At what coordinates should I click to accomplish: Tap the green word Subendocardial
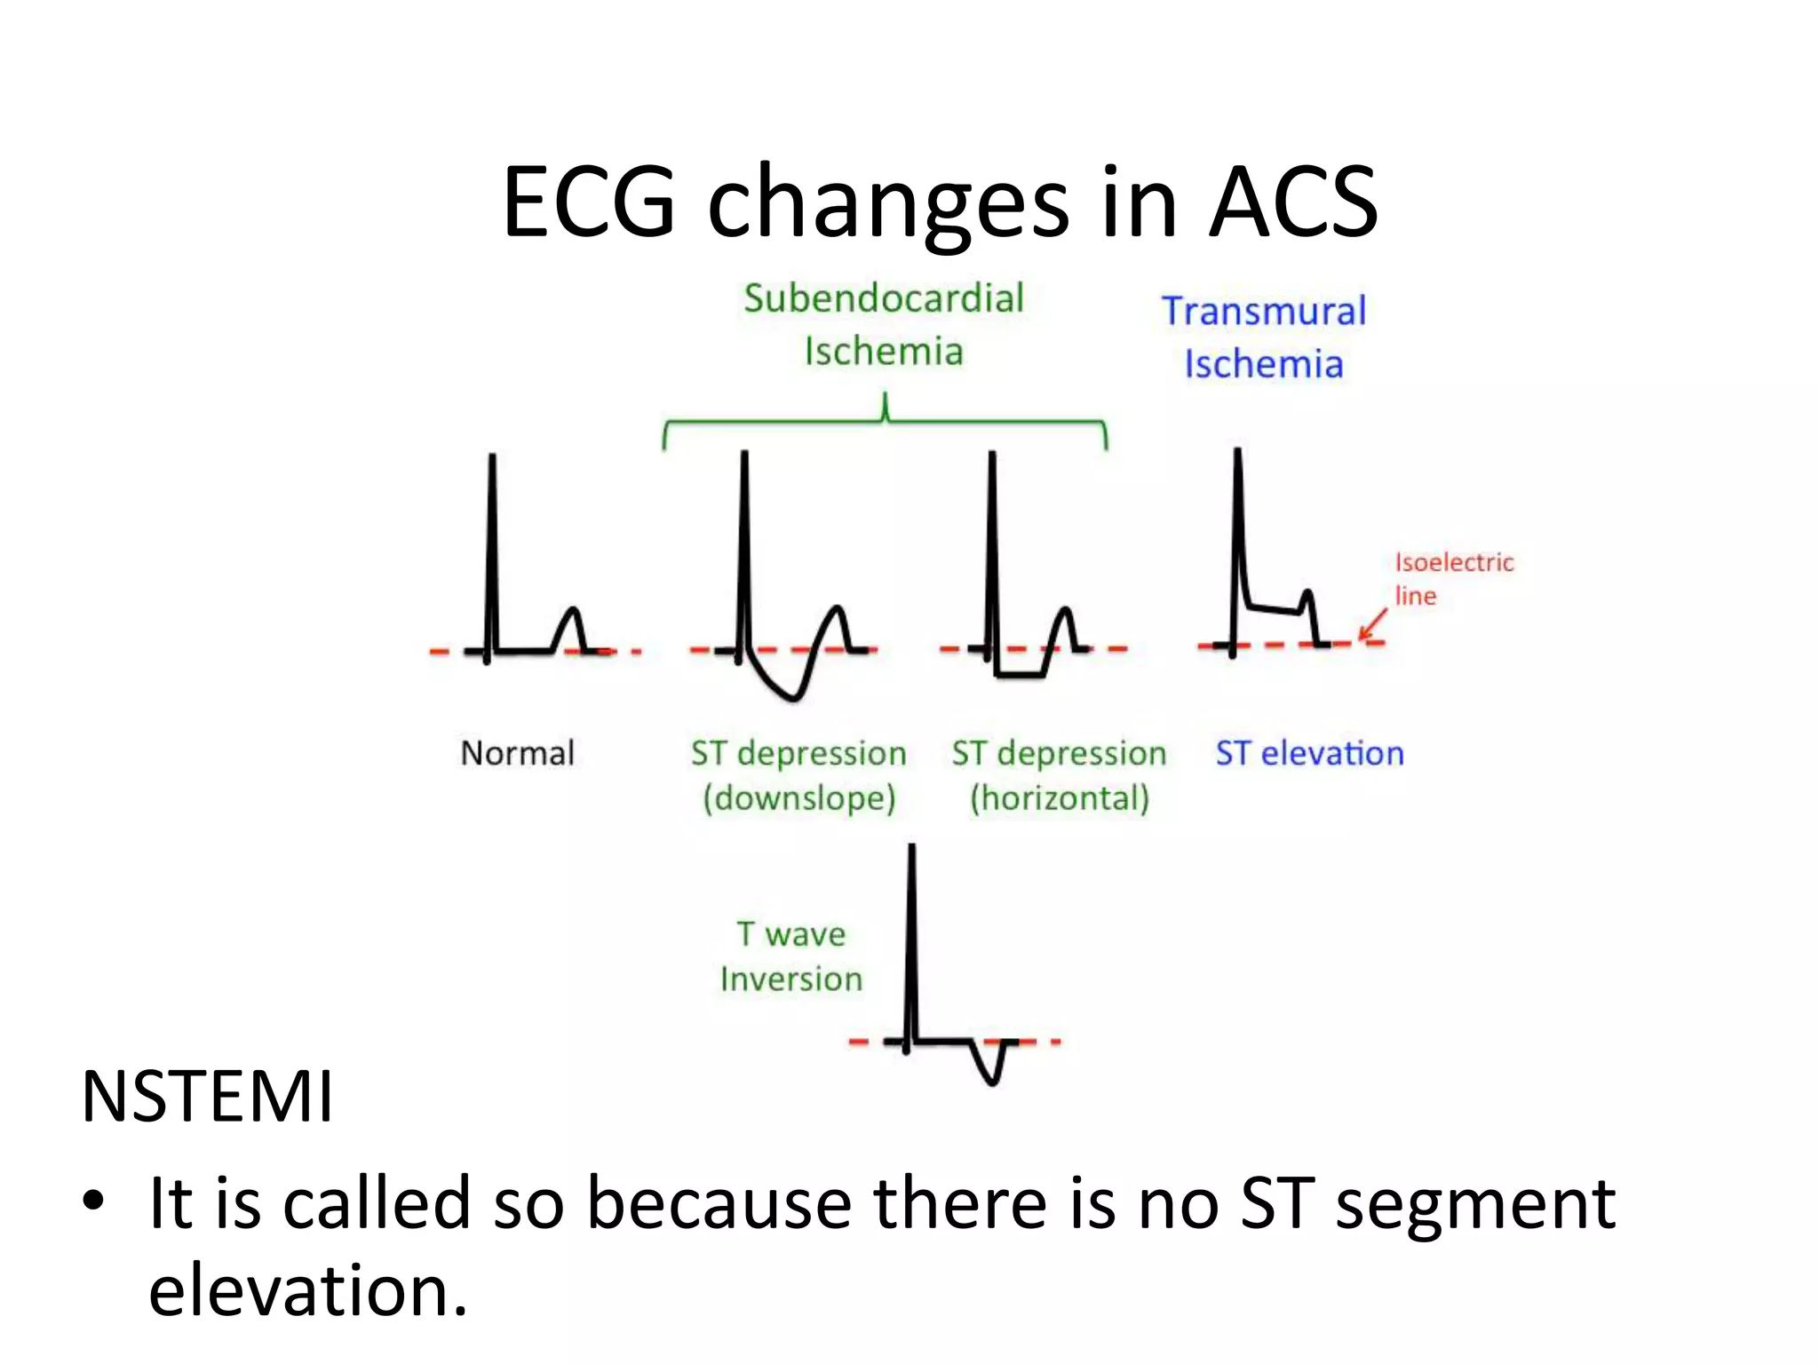click(x=884, y=298)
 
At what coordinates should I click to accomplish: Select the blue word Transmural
click(x=1264, y=312)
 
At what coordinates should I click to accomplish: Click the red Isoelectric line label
click(x=1453, y=578)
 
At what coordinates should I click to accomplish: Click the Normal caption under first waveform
click(x=518, y=753)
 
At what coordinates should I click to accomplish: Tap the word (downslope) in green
click(x=799, y=797)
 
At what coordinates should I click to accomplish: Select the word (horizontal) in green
click(x=1060, y=797)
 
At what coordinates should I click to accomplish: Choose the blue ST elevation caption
click(x=1309, y=753)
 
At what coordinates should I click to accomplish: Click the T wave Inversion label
click(x=790, y=956)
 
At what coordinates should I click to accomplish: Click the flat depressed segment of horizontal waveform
click(x=1020, y=676)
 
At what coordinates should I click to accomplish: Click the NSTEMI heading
click(x=207, y=1097)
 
